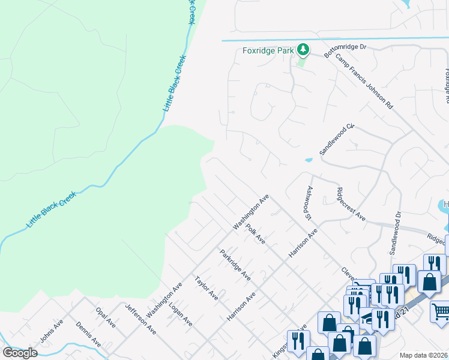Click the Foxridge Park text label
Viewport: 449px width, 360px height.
[268, 50]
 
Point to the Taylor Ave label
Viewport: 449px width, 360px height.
[206, 289]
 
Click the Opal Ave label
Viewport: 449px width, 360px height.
[106, 317]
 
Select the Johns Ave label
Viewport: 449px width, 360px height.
[51, 331]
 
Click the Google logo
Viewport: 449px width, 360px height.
[20, 353]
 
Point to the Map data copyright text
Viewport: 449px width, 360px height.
[423, 355]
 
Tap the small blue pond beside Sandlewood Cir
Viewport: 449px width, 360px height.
[309, 160]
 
